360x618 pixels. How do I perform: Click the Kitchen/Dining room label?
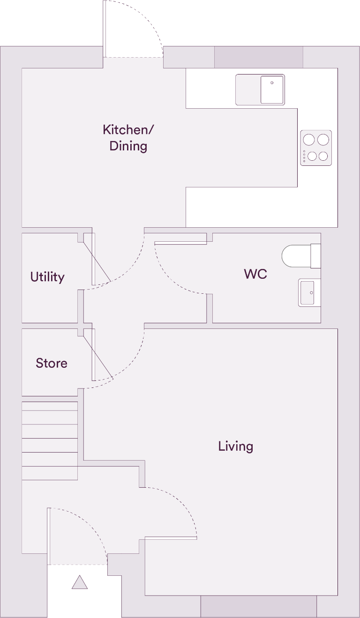[x=128, y=138]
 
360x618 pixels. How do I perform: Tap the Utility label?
[x=47, y=277]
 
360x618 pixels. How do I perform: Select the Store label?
[x=52, y=363]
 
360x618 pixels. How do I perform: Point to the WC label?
[x=255, y=274]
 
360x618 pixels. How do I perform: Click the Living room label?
[x=235, y=446]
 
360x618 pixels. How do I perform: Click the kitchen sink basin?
[x=272, y=89]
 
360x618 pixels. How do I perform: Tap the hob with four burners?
[x=316, y=148]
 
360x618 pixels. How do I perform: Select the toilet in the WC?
[x=300, y=256]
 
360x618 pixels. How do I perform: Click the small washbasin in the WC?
[x=308, y=293]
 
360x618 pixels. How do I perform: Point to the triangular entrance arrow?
[x=80, y=582]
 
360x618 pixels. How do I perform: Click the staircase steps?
[x=50, y=440]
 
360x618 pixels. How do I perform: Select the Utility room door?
[x=93, y=259]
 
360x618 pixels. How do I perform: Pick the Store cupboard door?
[x=94, y=355]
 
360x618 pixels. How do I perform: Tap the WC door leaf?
[x=180, y=243]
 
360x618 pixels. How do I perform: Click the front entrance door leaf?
[x=49, y=536]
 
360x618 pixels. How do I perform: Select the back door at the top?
[x=105, y=28]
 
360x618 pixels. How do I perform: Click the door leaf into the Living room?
[x=171, y=538]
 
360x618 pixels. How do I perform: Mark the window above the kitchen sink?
[x=259, y=57]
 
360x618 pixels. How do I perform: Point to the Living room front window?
[x=259, y=606]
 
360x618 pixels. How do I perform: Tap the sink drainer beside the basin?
[x=248, y=89]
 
